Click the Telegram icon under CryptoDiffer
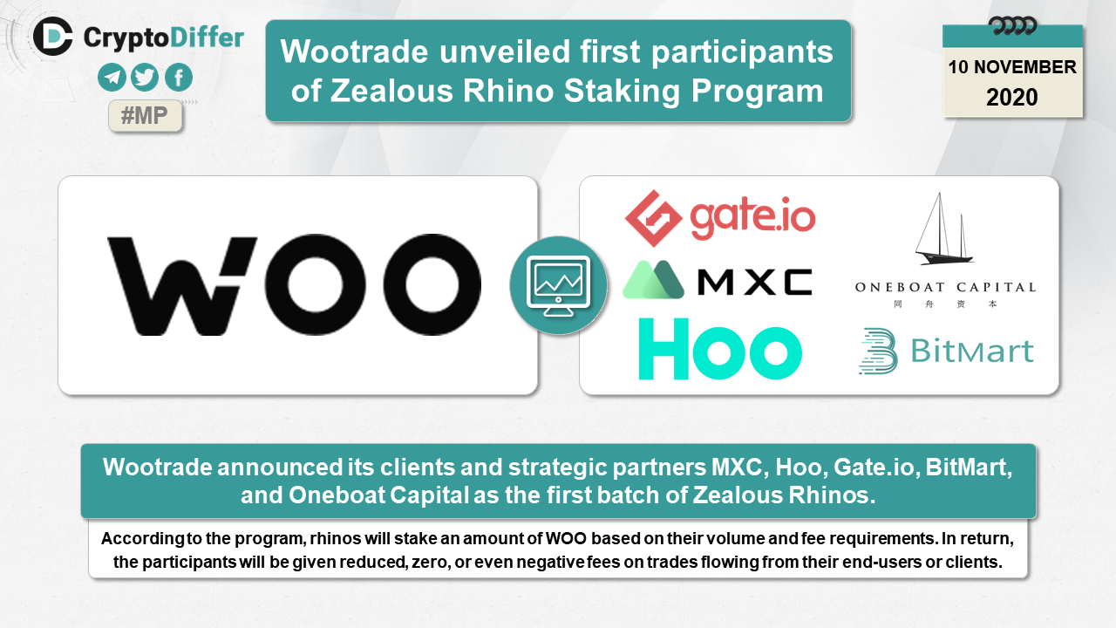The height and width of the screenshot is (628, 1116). click(112, 78)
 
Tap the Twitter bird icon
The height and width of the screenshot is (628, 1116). click(145, 78)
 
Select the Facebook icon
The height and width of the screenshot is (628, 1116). click(179, 78)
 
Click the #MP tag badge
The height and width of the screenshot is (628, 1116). click(145, 116)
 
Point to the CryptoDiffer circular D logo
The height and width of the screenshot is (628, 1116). click(53, 37)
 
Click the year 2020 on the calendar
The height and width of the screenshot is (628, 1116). click(1012, 97)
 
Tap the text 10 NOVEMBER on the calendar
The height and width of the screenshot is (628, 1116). click(1012, 67)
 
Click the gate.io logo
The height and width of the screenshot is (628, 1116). click(720, 218)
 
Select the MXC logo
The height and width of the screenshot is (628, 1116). click(718, 280)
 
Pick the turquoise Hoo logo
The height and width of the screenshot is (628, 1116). click(720, 349)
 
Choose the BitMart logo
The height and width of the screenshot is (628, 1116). click(946, 351)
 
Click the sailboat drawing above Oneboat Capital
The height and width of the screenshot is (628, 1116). click(943, 229)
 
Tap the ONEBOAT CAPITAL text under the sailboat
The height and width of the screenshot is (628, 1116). click(945, 287)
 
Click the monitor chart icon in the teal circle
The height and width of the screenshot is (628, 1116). click(559, 285)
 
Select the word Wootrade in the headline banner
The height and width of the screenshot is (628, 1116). click(354, 51)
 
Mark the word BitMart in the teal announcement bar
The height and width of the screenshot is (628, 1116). click(969, 468)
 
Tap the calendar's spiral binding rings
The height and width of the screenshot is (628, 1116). click(1012, 25)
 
